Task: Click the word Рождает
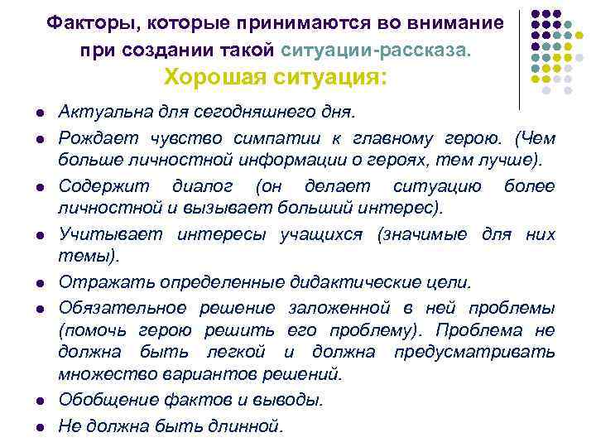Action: point(90,137)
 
